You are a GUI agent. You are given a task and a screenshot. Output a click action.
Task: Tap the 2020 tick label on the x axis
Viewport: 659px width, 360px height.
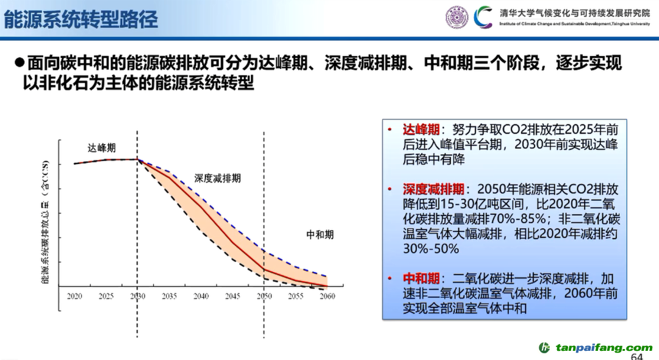pyautogui.click(x=74, y=296)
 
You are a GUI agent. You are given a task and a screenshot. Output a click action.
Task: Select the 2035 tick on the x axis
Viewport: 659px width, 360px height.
pyautogui.click(x=170, y=296)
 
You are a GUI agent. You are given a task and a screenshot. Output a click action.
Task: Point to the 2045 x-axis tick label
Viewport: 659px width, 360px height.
pyautogui.click(x=232, y=296)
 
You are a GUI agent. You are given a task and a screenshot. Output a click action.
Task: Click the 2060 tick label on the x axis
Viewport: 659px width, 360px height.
pyautogui.click(x=327, y=296)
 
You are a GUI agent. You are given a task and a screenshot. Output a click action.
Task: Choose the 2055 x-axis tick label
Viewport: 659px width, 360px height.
pyautogui.click(x=295, y=296)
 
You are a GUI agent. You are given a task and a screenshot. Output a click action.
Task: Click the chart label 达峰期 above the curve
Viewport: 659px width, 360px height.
pyautogui.click(x=102, y=148)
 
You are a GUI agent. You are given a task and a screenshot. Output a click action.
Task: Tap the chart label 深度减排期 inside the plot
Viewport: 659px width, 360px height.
pyautogui.click(x=218, y=178)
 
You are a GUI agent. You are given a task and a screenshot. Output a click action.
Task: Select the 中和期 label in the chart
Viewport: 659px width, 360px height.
pyautogui.click(x=320, y=234)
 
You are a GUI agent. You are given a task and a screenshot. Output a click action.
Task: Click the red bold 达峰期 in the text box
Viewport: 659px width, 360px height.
pyautogui.click(x=420, y=129)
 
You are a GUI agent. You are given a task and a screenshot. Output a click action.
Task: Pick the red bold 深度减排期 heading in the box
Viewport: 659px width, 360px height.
pyautogui.click(x=433, y=189)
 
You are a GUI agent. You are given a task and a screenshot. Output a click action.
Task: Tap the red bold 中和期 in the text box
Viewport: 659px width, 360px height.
pyautogui.click(x=420, y=278)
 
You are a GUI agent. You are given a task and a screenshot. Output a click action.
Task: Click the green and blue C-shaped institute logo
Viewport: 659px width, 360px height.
pyautogui.click(x=483, y=17)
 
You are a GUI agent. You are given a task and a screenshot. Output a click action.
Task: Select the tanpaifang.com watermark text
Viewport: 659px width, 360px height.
pyautogui.click(x=603, y=347)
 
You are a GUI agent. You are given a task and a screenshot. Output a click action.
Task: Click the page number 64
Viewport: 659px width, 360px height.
pyautogui.click(x=636, y=356)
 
